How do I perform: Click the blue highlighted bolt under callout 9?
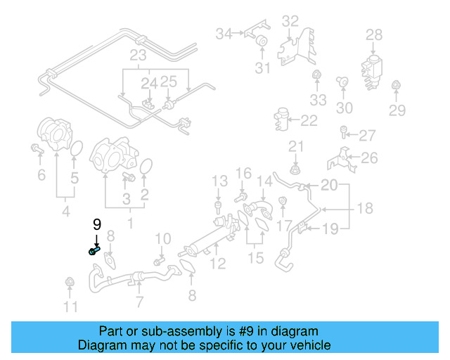(x=94, y=250)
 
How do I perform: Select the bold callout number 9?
(x=97, y=225)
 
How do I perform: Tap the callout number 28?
(x=374, y=34)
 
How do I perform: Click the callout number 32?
(x=290, y=21)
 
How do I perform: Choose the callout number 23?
(x=138, y=56)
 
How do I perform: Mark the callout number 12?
(x=218, y=264)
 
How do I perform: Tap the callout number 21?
(x=295, y=146)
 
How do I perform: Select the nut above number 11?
(x=70, y=283)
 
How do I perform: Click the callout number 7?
(x=139, y=302)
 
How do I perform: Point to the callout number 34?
(x=224, y=33)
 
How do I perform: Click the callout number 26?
(x=368, y=157)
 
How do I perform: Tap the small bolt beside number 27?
(x=344, y=131)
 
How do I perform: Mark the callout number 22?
(x=309, y=121)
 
